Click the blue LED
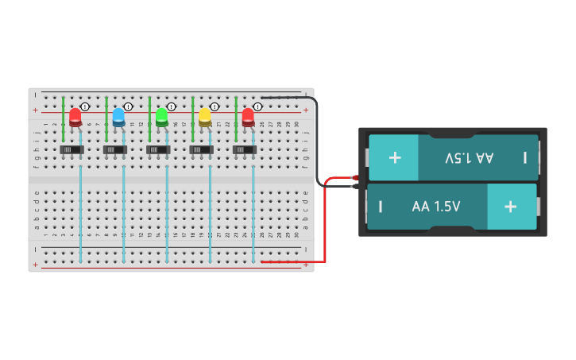coord(118,117)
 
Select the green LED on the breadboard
coord(162,117)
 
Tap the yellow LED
coord(205,117)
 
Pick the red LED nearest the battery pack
coord(248,117)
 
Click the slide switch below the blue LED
coord(116,149)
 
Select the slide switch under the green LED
coord(159,149)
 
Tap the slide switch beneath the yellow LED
coord(202,149)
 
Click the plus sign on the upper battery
coord(395,157)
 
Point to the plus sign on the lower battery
coord(510,207)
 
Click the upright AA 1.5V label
coord(436,207)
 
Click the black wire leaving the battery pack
coord(317,143)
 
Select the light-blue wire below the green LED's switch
coord(167,215)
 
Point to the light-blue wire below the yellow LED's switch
coord(210,215)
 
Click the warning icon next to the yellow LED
coord(215,106)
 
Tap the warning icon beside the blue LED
coord(128,106)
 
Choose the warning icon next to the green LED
coord(172,106)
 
